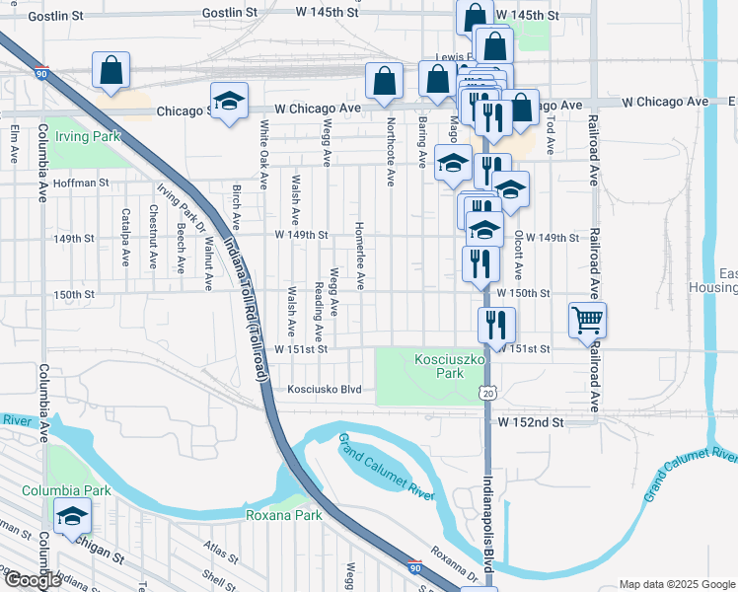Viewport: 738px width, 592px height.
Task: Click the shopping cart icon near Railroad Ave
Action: pos(587,320)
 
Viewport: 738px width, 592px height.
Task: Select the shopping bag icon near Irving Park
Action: pos(111,71)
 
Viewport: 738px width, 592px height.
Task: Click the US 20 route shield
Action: pos(488,394)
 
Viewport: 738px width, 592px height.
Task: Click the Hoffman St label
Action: pos(82,183)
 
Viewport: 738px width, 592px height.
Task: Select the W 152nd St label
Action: pos(530,422)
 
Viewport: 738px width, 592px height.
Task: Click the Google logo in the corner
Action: pos(33,579)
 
